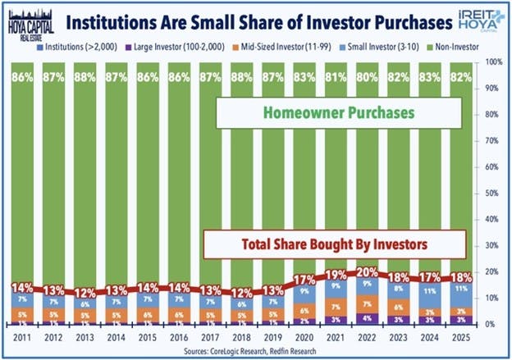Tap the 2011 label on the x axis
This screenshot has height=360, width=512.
(23, 336)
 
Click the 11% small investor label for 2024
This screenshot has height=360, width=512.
(430, 291)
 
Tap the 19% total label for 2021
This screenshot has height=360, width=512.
(336, 275)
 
